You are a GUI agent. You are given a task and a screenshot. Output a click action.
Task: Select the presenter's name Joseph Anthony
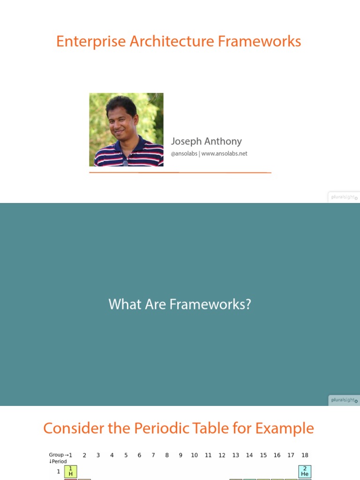[206, 141]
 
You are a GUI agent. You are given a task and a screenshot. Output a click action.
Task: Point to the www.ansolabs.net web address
[224, 153]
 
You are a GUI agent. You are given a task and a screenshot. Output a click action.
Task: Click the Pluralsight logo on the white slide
[344, 197]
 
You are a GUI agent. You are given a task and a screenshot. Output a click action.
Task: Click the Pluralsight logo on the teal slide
[344, 400]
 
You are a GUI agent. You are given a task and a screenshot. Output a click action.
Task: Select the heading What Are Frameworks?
[180, 304]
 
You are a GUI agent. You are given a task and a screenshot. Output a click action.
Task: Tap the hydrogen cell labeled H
[70, 472]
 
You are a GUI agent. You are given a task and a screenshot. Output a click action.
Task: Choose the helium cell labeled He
[305, 472]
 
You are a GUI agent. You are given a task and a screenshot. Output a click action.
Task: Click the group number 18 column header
[305, 455]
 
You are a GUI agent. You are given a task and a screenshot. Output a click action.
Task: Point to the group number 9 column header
[180, 455]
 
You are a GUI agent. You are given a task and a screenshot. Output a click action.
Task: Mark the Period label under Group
[58, 461]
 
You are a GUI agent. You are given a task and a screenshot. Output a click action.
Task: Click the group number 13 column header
[235, 455]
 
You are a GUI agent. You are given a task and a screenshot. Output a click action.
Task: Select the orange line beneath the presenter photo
[180, 172]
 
